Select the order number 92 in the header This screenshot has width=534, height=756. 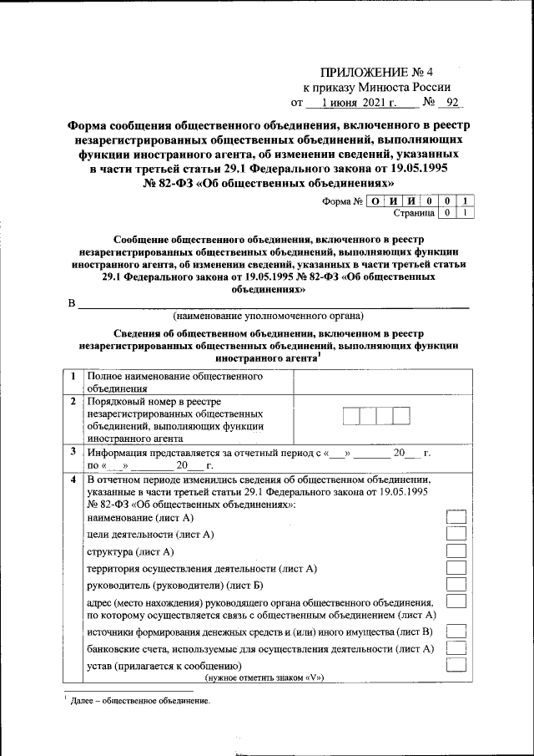tap(453, 104)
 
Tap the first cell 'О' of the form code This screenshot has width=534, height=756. tap(376, 200)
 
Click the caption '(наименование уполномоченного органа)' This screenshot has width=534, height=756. tap(268, 317)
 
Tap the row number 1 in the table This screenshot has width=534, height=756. tap(74, 377)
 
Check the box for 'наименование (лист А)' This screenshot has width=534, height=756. tap(456, 517)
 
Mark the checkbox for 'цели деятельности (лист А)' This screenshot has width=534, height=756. tap(456, 534)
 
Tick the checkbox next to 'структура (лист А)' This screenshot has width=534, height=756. tap(456, 551)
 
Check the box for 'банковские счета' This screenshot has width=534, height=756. tap(456, 648)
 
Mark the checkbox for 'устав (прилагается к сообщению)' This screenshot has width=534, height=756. tap(456, 666)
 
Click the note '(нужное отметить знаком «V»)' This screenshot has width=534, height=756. tap(264, 677)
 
